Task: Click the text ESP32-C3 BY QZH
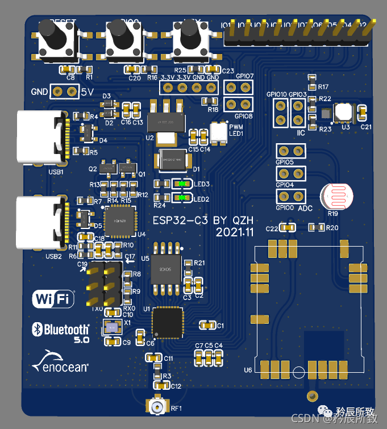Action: click(x=203, y=220)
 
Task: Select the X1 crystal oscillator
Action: click(x=111, y=327)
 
